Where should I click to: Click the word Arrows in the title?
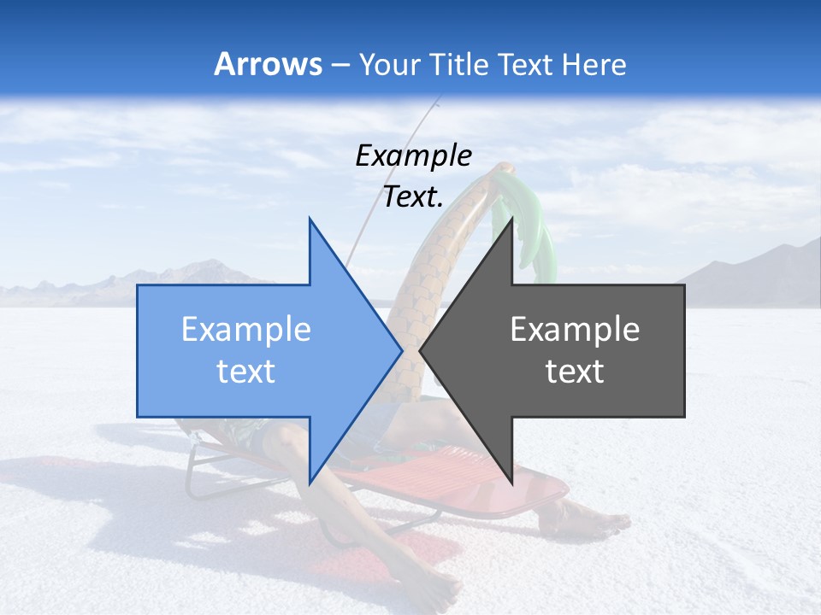tap(269, 64)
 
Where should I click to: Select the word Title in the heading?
tap(458, 65)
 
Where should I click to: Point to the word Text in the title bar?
tap(525, 65)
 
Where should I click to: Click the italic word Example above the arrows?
tap(414, 156)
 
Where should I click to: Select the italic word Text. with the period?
tap(414, 196)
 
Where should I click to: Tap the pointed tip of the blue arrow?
tap(400, 350)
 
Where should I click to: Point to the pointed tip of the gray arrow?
tap(421, 350)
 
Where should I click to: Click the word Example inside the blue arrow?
tap(246, 330)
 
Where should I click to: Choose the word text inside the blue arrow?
tap(246, 372)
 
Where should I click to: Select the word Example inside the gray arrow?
tap(575, 330)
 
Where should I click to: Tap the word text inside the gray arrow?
tap(575, 372)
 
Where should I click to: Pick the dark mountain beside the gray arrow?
tap(753, 273)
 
